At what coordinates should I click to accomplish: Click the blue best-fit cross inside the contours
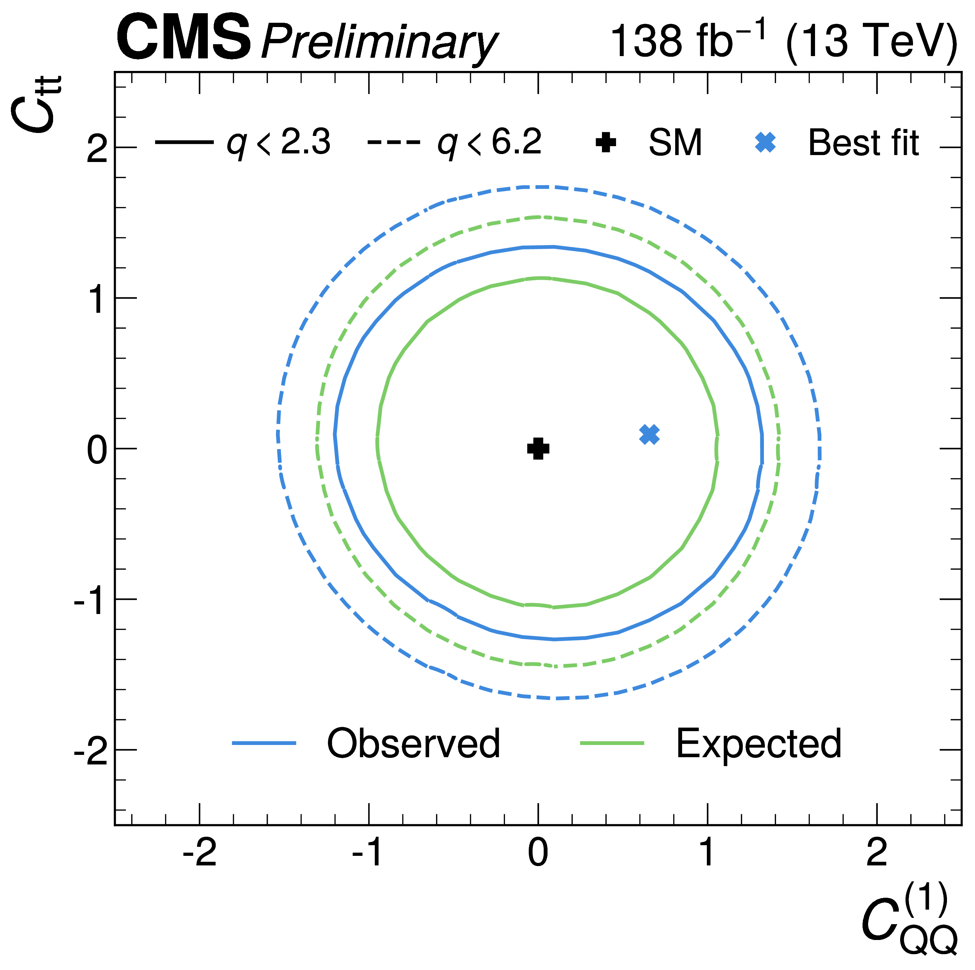pyautogui.click(x=649, y=435)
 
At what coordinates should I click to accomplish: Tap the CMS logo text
pyautogui.click(x=184, y=38)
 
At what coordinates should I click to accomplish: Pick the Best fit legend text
pyautogui.click(x=864, y=143)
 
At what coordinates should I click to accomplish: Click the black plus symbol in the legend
pyautogui.click(x=606, y=143)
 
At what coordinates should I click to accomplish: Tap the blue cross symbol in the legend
pyautogui.click(x=766, y=143)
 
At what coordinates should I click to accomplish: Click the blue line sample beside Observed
pyautogui.click(x=264, y=743)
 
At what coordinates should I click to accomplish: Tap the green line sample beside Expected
pyautogui.click(x=612, y=743)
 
